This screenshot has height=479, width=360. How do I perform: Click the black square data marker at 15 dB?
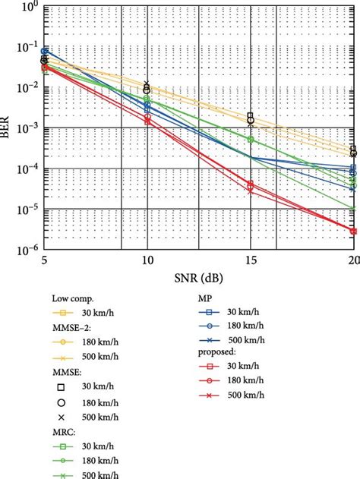click(x=251, y=115)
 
